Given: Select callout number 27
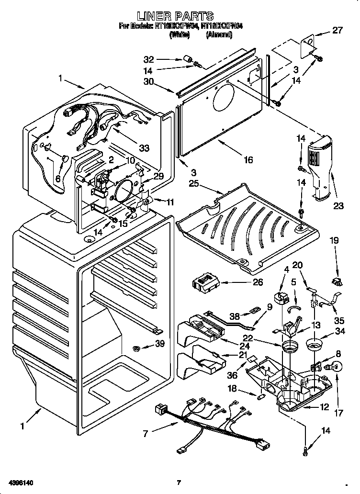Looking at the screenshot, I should [338, 31].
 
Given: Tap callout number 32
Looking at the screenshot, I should [149, 60].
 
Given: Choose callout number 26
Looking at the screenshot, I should [258, 282].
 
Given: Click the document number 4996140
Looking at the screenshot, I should [20, 483].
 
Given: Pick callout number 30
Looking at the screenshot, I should [149, 81].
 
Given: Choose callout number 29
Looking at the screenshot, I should [158, 176].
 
